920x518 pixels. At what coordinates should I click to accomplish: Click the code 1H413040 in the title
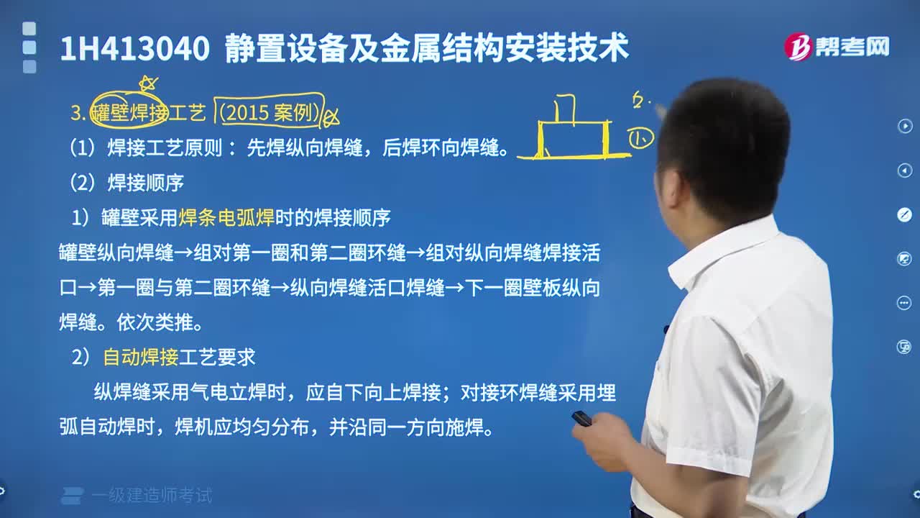(x=134, y=49)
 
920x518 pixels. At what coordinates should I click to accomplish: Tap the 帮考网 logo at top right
(x=837, y=47)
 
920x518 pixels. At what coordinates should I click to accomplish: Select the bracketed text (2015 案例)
(x=270, y=112)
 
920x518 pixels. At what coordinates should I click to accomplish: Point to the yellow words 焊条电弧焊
(x=226, y=217)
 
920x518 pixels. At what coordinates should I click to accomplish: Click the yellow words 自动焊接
(x=141, y=357)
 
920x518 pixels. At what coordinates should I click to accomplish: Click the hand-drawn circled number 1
(x=640, y=139)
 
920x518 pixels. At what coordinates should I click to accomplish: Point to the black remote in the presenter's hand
(x=581, y=418)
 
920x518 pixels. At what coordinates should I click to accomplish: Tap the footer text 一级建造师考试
(x=152, y=496)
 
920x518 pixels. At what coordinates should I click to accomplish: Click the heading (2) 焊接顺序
(x=127, y=183)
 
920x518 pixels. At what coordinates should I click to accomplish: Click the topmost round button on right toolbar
(x=904, y=127)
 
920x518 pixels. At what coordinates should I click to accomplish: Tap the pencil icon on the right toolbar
(x=904, y=214)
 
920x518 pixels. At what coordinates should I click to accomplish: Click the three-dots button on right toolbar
(x=904, y=303)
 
